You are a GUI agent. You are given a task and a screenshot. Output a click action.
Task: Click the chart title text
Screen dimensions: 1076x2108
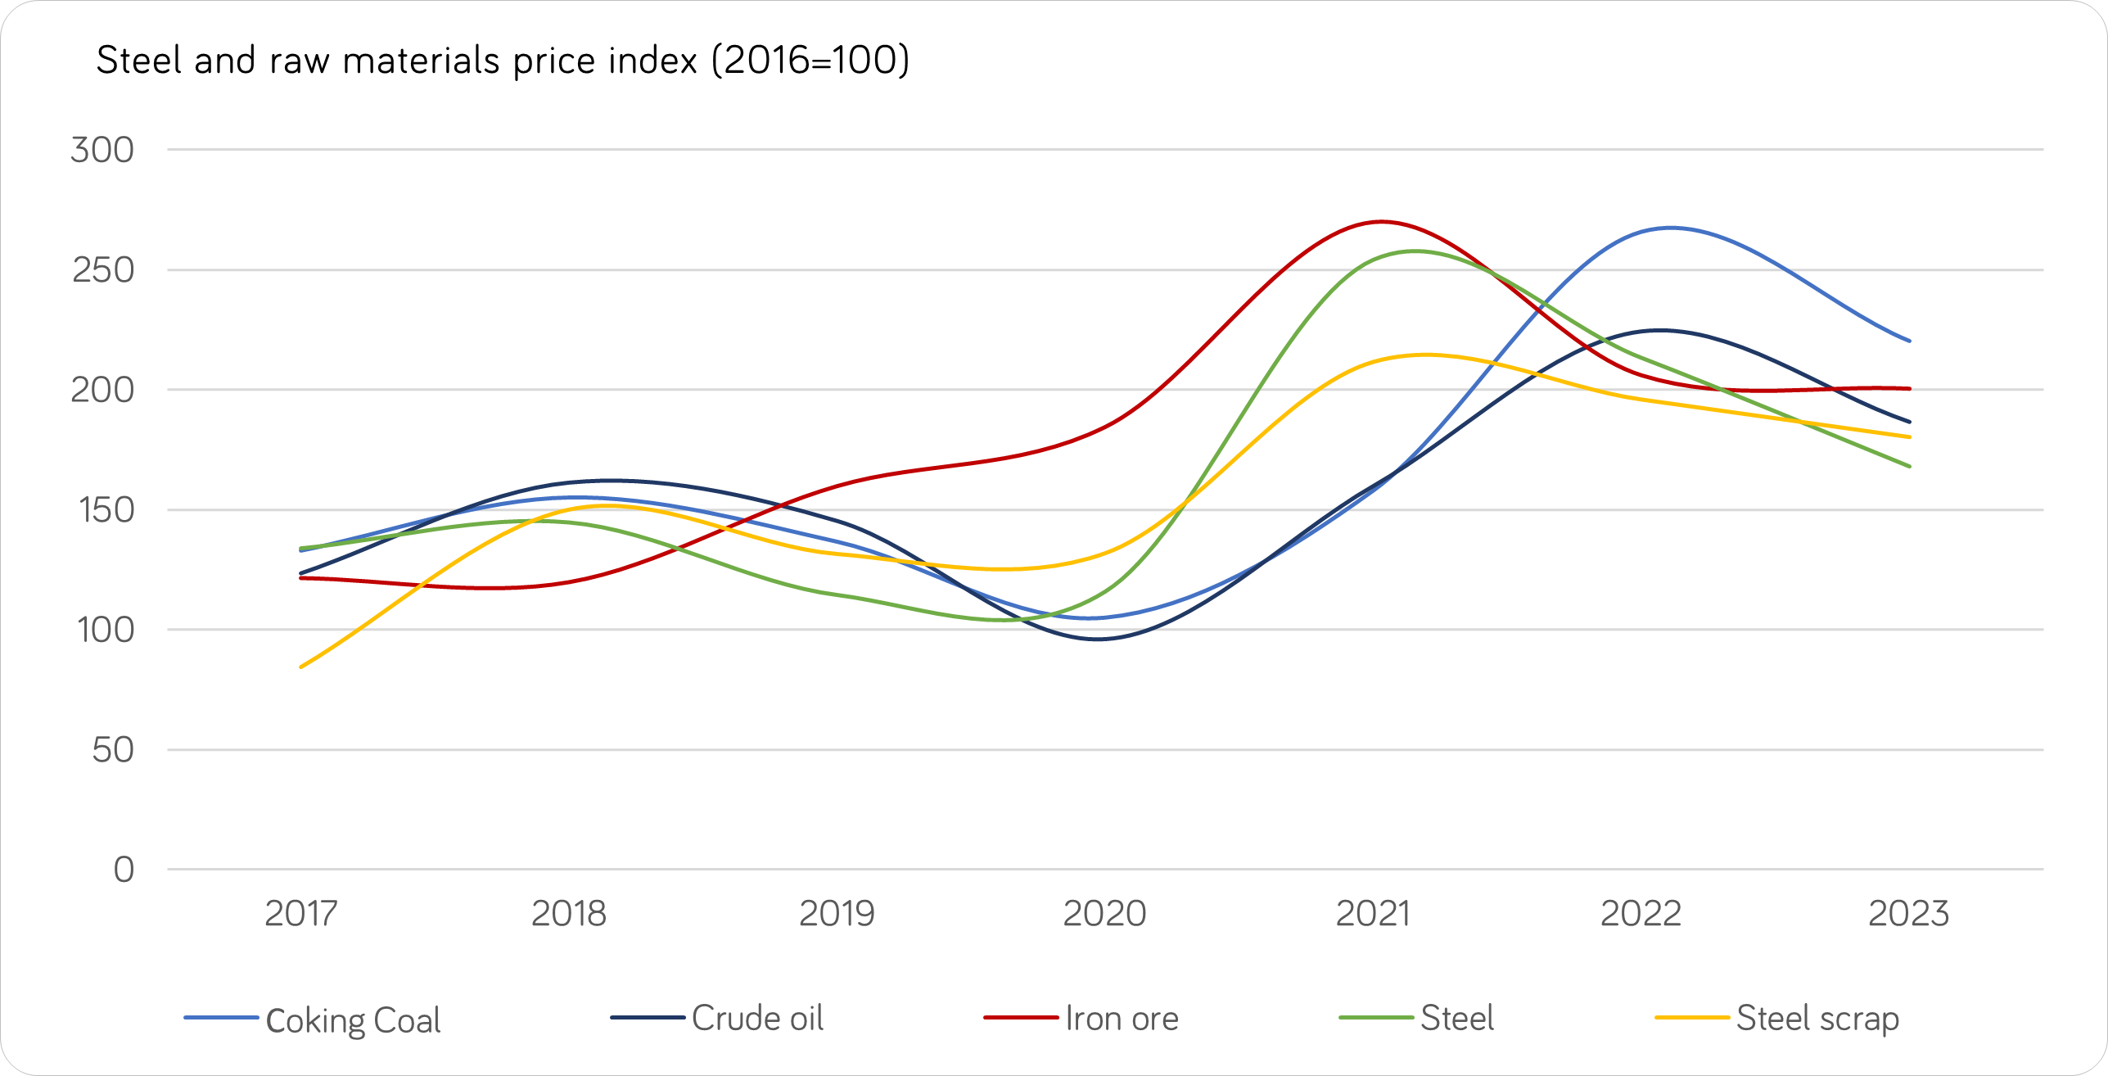pyautogui.click(x=503, y=61)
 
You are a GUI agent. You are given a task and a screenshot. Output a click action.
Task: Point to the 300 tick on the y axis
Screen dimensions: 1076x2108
pyautogui.click(x=102, y=151)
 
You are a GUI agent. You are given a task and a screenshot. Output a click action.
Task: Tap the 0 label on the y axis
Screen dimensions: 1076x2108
pyautogui.click(x=124, y=870)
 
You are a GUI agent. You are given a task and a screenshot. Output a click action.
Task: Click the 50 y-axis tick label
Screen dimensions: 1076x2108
pyautogui.click(x=113, y=750)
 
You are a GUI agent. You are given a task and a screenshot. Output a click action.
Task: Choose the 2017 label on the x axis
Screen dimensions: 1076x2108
pyautogui.click(x=300, y=914)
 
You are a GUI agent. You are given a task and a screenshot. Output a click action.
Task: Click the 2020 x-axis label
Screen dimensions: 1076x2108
pyautogui.click(x=1104, y=914)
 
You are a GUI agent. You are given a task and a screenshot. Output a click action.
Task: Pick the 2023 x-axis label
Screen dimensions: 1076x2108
pyautogui.click(x=1908, y=914)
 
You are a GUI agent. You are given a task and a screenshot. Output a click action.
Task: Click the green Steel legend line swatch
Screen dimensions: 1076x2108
pyautogui.click(x=1375, y=1018)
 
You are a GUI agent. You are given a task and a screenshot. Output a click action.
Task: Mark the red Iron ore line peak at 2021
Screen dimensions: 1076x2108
pyautogui.click(x=1381, y=222)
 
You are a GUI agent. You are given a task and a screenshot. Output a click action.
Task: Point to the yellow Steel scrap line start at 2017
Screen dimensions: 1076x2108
pyautogui.click(x=301, y=667)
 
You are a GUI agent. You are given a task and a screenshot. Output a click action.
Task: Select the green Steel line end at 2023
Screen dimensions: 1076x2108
pyautogui.click(x=1909, y=466)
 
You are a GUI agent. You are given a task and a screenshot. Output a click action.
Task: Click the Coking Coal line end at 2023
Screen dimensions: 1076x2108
pyautogui.click(x=1909, y=341)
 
